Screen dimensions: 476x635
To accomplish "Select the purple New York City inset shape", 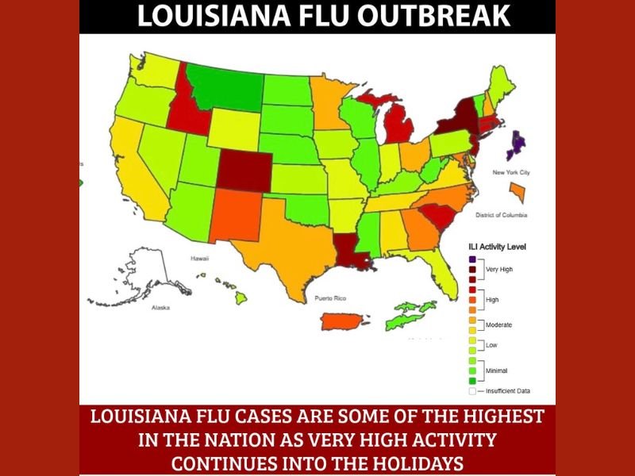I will pos(518,144).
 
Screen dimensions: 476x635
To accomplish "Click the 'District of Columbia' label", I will pos(502,215).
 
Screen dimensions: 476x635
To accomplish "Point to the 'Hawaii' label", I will pos(198,259).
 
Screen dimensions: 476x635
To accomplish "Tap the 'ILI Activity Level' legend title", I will pos(497,247).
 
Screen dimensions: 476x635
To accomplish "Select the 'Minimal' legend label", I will pos(497,370).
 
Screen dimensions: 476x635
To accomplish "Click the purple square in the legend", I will pos(473,259).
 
